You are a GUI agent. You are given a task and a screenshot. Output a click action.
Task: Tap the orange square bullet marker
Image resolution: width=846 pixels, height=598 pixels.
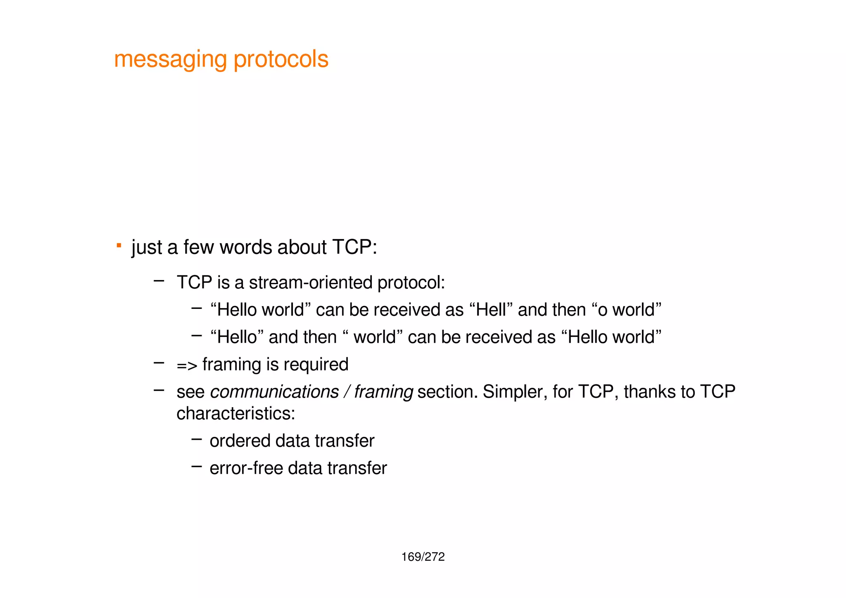pyautogui.click(x=119, y=246)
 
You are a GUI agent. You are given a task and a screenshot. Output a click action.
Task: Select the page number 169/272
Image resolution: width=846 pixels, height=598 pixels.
pyautogui.click(x=423, y=557)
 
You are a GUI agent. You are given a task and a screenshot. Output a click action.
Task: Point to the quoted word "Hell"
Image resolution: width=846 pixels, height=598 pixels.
pyautogui.click(x=491, y=310)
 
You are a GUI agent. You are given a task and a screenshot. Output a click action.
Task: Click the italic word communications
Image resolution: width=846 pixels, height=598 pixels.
pyautogui.click(x=274, y=392)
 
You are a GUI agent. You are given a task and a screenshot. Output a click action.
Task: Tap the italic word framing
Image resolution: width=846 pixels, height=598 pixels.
pyautogui.click(x=383, y=392)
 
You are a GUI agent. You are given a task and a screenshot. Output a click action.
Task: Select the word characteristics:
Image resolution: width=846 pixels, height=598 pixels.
pyautogui.click(x=236, y=413)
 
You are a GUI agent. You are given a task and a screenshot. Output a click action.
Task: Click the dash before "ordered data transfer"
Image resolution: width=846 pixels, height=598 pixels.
pyautogui.click(x=197, y=439)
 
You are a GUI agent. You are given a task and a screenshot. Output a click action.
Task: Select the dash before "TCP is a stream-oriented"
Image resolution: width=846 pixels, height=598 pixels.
pyautogui.click(x=159, y=281)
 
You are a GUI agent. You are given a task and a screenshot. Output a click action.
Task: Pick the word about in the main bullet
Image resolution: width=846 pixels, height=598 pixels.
pyautogui.click(x=302, y=247)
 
